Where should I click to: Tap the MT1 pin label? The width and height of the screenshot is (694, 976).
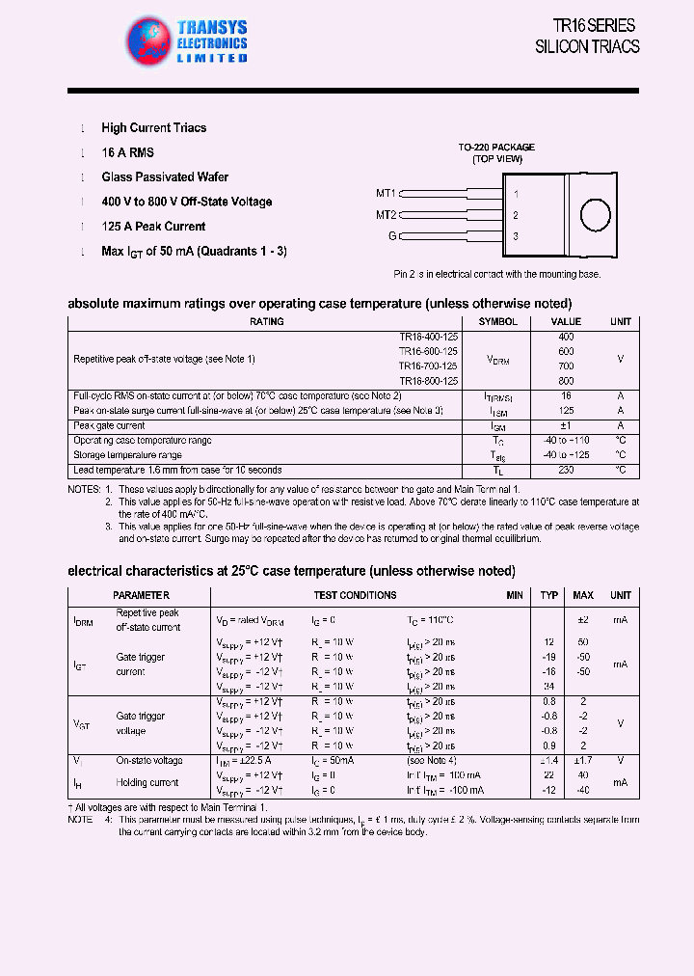coord(386,193)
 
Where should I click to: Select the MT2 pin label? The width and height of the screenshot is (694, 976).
coord(386,215)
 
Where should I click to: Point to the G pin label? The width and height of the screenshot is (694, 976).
coord(392,236)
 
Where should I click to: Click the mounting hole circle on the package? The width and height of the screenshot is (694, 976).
coord(595,215)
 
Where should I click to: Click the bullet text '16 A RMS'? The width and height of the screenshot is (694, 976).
coord(127,152)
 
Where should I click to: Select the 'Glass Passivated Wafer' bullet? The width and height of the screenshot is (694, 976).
coord(165,177)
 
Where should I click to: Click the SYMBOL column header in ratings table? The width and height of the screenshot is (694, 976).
coord(497,322)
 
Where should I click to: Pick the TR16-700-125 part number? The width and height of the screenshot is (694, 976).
coord(428,366)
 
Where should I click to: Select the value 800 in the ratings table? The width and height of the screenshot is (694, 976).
coord(566,382)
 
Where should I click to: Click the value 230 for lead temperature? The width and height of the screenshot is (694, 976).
coord(566,471)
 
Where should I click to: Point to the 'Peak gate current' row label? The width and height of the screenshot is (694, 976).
coord(109,425)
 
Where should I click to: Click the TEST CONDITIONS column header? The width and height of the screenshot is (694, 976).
coord(355,596)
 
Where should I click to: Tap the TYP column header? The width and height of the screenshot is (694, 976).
coord(549,596)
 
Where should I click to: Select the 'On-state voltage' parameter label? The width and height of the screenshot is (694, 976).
coord(148,761)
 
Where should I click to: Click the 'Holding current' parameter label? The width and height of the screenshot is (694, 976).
coord(147,783)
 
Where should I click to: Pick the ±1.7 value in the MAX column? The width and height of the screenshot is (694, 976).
coord(582,761)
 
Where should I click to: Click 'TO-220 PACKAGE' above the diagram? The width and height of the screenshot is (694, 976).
coord(496,148)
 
